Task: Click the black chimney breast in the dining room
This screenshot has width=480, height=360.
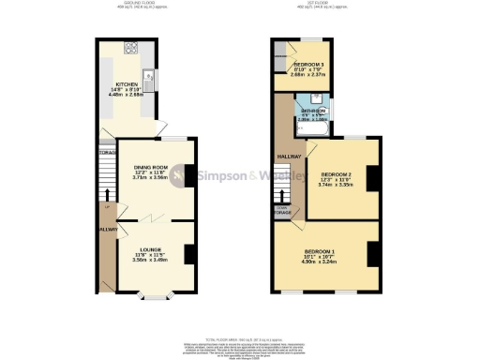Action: click(189, 175)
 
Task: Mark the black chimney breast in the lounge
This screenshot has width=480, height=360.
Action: click(189, 254)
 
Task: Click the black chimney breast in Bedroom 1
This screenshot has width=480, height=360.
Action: click(372, 251)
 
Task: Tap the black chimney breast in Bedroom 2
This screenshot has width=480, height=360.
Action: click(372, 178)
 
